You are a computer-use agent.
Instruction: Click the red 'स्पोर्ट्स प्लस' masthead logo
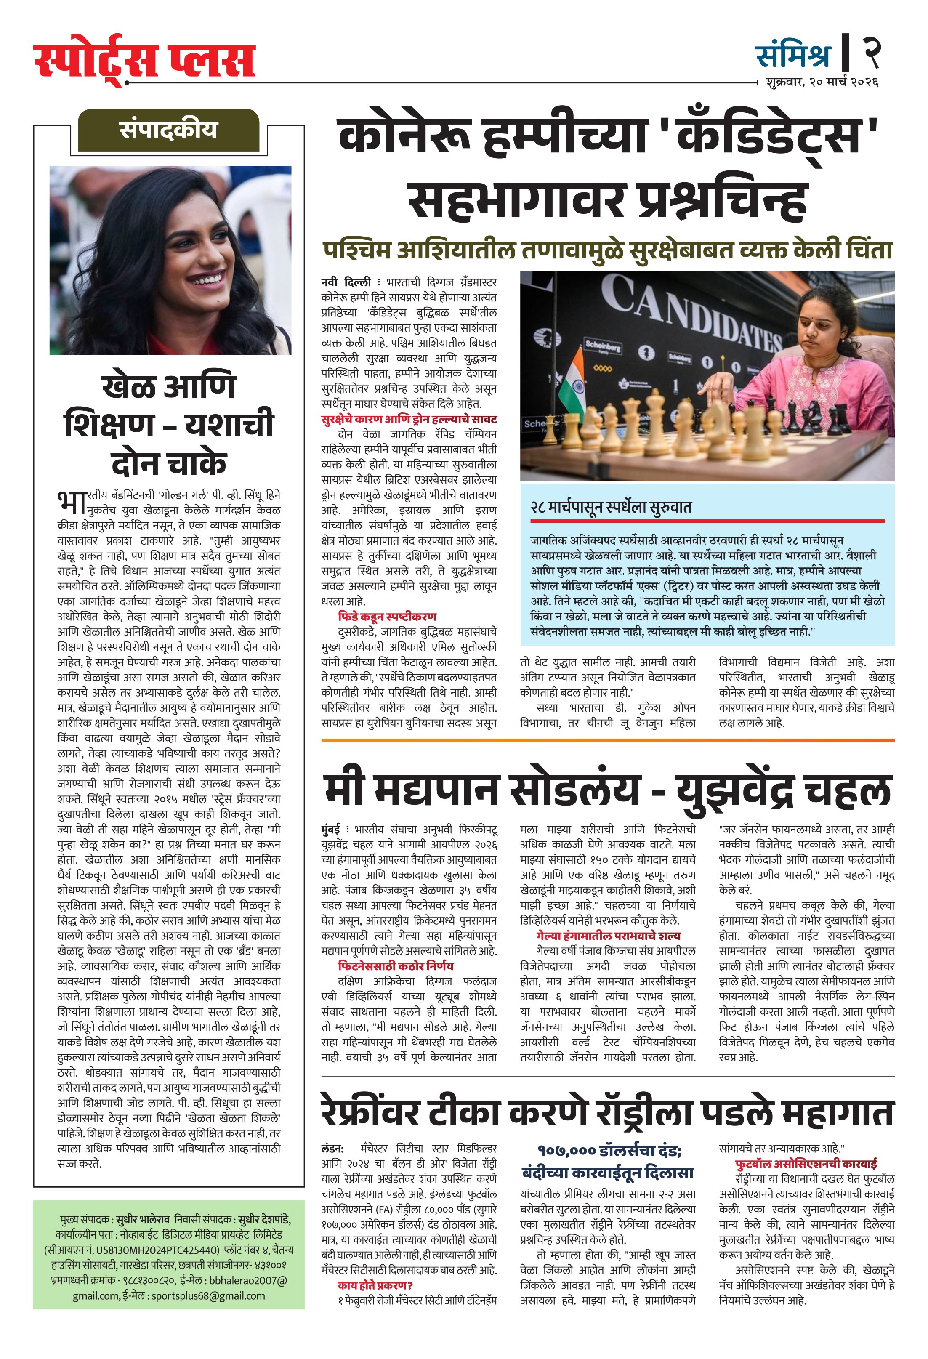click(x=144, y=62)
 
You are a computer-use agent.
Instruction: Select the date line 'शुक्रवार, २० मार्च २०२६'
click(x=822, y=82)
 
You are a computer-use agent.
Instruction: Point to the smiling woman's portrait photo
click(x=170, y=260)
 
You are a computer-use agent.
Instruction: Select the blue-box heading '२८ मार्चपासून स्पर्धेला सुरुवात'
click(x=611, y=507)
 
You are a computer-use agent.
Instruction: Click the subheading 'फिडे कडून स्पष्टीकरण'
click(x=387, y=616)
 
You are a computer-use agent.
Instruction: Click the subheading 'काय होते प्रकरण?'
click(x=375, y=1285)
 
